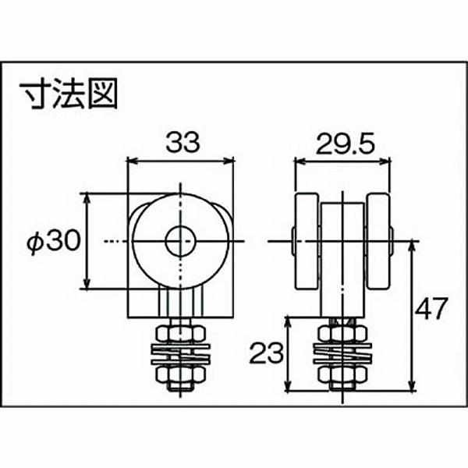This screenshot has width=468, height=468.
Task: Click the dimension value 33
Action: pyautogui.click(x=181, y=142)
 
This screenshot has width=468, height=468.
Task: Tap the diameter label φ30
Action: pyautogui.click(x=53, y=242)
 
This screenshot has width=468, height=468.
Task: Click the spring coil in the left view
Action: pyautogui.click(x=180, y=355)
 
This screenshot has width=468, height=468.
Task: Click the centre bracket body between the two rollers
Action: pyautogui.click(x=342, y=257)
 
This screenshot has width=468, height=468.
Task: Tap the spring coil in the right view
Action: pyautogui.click(x=342, y=355)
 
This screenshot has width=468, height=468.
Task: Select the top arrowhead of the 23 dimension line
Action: pyautogui.click(x=289, y=321)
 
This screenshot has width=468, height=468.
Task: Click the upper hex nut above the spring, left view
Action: pyautogui.click(x=180, y=333)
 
